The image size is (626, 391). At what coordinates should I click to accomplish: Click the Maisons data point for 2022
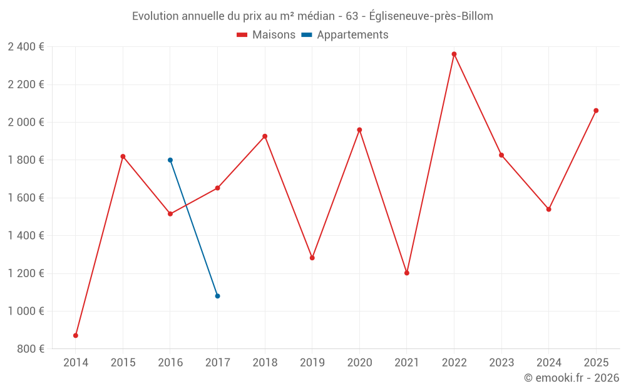(454, 54)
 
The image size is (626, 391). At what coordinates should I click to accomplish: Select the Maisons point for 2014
(76, 335)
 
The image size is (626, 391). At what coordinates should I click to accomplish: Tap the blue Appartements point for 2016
(170, 160)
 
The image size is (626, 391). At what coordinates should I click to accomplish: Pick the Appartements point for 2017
(217, 296)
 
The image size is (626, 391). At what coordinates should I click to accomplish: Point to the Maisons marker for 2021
(407, 273)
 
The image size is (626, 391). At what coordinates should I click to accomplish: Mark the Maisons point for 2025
(596, 111)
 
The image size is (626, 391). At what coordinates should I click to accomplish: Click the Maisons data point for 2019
(312, 258)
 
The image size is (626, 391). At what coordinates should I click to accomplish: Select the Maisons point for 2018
(265, 136)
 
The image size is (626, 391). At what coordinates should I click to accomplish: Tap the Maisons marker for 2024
(548, 210)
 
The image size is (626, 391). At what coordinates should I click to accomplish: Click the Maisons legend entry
(266, 35)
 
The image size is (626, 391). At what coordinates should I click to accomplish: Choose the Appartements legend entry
(345, 35)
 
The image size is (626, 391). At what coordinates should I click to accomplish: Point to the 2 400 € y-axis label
(26, 47)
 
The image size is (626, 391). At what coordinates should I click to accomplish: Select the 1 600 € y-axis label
(26, 198)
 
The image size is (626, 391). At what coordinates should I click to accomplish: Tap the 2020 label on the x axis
(359, 363)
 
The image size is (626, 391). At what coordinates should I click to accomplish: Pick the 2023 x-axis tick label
(501, 363)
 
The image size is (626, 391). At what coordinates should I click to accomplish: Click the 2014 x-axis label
(76, 363)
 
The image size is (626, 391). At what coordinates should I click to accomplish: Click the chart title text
(312, 16)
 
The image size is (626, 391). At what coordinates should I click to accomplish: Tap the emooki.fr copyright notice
(572, 378)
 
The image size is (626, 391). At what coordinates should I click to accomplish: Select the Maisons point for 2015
(123, 156)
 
